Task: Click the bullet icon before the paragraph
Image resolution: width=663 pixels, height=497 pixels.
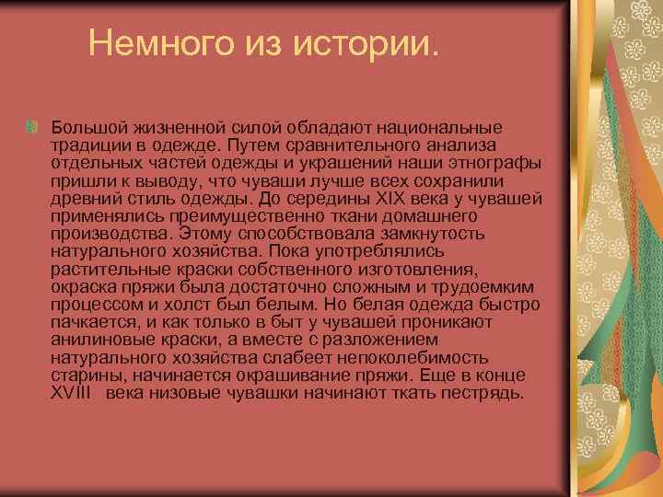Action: coord(34,125)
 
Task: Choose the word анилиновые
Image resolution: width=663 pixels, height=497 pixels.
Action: coord(102,340)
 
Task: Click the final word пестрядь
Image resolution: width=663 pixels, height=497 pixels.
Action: coord(483,393)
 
